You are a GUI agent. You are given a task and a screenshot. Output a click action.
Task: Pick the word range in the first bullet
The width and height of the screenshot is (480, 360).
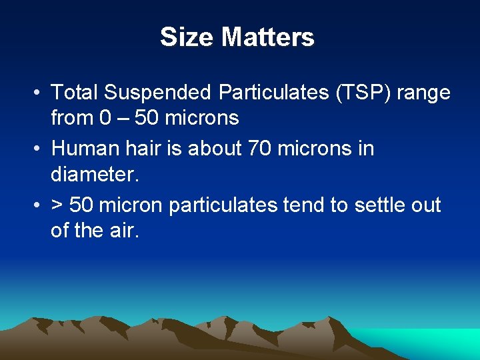[424, 93]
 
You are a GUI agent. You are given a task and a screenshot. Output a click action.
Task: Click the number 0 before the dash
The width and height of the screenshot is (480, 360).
[105, 118]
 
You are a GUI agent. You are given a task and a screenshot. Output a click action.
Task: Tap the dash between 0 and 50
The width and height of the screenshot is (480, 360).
[123, 118]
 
